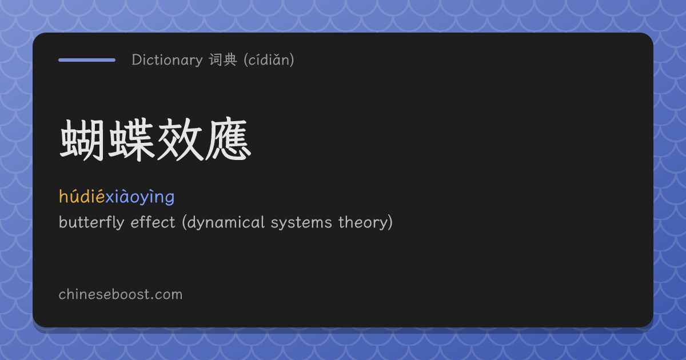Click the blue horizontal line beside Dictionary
pyautogui.click(x=87, y=60)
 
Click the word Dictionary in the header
pyautogui.click(x=167, y=60)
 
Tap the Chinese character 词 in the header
pyautogui.click(x=216, y=59)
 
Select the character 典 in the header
pyautogui.click(x=230, y=59)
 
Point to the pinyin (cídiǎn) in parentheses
pyautogui.click(x=269, y=59)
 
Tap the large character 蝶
pyautogui.click(x=131, y=140)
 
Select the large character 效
pyautogui.click(x=180, y=140)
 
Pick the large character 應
pyautogui.click(x=228, y=140)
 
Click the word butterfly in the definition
pyautogui.click(x=91, y=222)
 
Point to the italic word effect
pyautogui.click(x=153, y=222)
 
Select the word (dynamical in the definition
pyautogui.click(x=224, y=222)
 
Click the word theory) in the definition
pyautogui.click(x=365, y=222)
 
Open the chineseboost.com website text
pyautogui.click(x=121, y=294)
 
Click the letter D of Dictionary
pyautogui.click(x=136, y=60)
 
